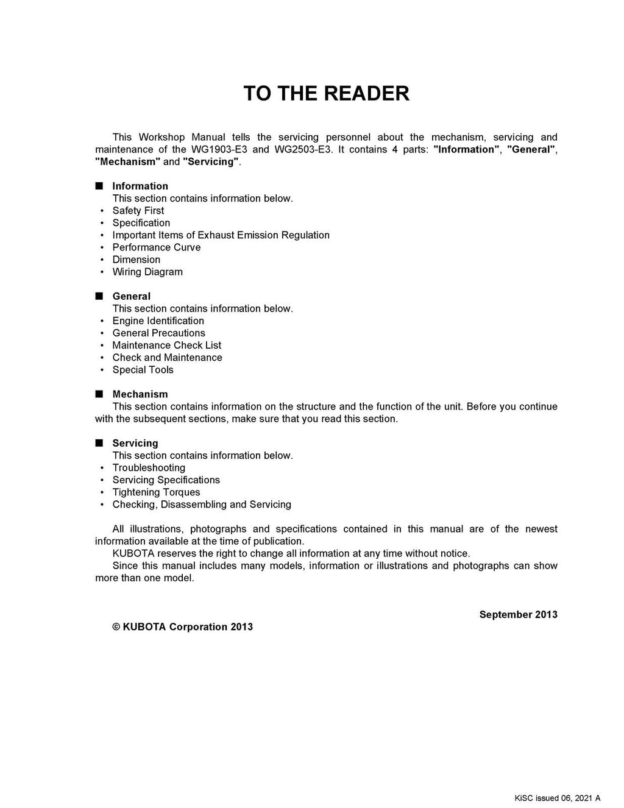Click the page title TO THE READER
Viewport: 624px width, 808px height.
coord(326,93)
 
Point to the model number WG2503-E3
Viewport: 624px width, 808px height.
coord(303,149)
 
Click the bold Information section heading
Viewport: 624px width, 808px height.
coord(140,186)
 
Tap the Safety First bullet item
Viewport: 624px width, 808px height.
coord(138,211)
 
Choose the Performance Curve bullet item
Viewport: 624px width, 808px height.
coord(157,247)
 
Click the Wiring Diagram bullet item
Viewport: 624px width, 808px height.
coord(147,272)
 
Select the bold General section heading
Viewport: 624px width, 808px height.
coord(131,296)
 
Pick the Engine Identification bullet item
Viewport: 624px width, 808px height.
coord(158,321)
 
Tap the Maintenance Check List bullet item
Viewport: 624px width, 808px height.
coord(167,345)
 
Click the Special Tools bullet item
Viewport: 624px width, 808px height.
coord(143,370)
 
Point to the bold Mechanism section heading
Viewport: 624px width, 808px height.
coord(140,394)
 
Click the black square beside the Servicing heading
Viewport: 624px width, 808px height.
coord(99,443)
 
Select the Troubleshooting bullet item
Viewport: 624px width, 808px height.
coord(149,468)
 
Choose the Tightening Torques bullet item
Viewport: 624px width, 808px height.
coord(157,492)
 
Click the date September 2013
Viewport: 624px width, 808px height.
coord(518,614)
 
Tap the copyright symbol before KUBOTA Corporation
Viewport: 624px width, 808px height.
coord(116,627)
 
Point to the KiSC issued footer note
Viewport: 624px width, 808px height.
coord(558,798)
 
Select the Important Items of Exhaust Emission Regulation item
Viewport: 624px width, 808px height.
coord(221,235)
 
